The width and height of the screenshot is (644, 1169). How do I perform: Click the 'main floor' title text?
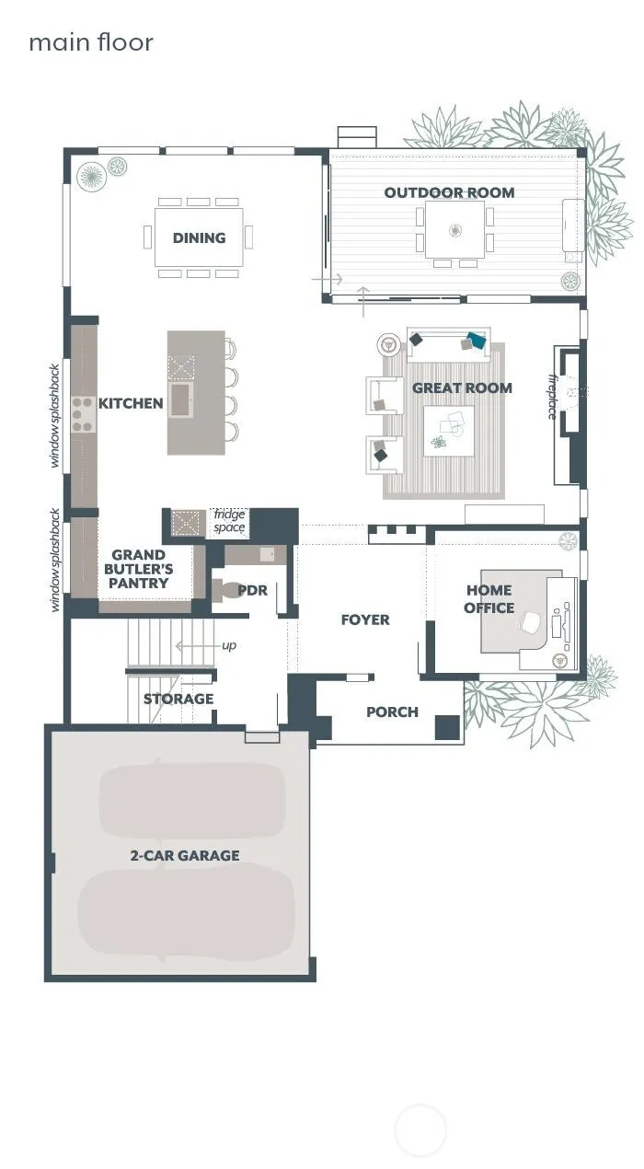pos(91,42)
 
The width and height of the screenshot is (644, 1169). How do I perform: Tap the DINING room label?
pos(200,238)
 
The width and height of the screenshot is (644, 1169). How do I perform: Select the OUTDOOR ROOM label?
pos(450,192)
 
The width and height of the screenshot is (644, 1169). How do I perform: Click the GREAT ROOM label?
pos(462,388)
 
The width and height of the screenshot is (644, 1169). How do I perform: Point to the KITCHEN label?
pos(131,403)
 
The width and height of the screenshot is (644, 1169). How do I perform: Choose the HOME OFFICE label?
pos(489,599)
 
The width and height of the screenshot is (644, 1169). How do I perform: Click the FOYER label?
pos(365,619)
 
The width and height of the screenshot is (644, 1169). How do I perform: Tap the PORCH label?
pos(392,712)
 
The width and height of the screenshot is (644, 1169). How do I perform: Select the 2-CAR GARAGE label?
pos(185,855)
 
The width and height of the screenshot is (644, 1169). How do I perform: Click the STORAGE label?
pos(178,699)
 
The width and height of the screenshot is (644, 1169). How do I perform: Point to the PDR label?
pos(252,590)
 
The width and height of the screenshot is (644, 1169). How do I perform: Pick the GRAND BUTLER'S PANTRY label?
pos(139,569)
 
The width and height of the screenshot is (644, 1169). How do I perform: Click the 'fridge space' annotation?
pos(229,521)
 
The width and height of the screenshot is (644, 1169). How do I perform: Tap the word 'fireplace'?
pos(553,397)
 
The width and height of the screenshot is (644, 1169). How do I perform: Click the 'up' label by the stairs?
pos(229,645)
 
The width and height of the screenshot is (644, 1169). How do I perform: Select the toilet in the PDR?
pos(224,590)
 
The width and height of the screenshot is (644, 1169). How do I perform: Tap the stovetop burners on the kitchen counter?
pos(83,415)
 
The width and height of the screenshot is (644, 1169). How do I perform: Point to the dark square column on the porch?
pos(447,727)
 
